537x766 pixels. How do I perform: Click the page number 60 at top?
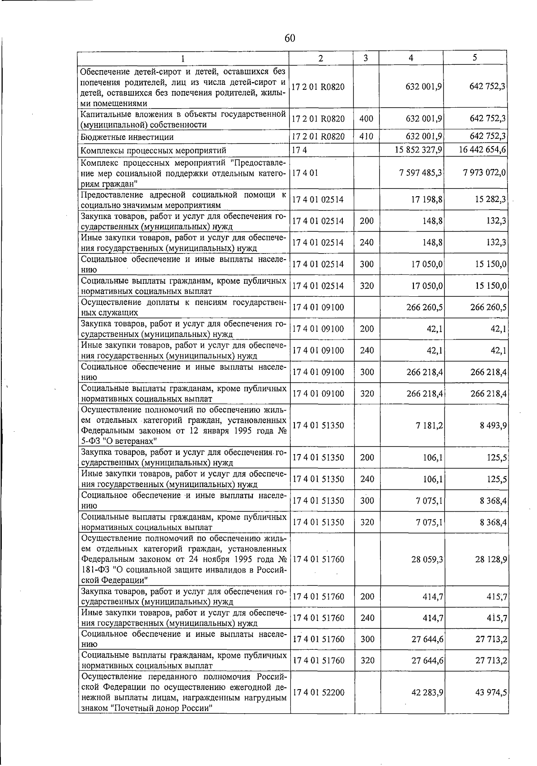[290, 38]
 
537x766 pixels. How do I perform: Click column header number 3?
[366, 58]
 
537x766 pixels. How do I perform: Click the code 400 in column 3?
[367, 119]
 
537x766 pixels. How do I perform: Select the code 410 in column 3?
[367, 136]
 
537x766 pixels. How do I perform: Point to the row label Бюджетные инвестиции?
[127, 137]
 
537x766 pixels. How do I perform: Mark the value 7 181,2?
[429, 425]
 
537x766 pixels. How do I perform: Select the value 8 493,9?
[493, 425]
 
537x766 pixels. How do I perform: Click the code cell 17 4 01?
[305, 173]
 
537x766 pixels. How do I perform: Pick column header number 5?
[475, 58]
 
